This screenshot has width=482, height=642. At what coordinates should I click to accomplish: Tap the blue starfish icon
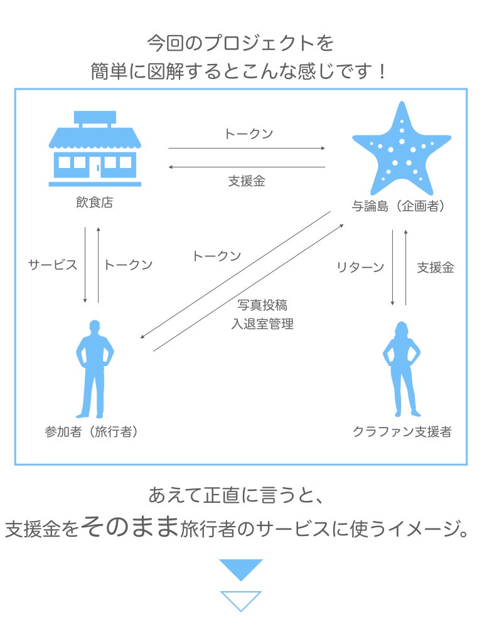pos(401,150)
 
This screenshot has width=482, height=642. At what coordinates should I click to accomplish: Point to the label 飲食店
pos(95,203)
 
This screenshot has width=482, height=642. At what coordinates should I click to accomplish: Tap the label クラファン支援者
pos(402,432)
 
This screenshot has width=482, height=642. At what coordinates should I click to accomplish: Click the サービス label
pos(53,265)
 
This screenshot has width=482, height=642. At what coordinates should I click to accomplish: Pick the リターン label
pos(360,268)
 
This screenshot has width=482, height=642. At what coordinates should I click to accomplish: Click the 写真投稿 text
pos(262,305)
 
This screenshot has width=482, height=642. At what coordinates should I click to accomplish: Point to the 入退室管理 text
pos(262,324)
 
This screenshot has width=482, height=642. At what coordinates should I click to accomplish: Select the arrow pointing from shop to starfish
pos(247,149)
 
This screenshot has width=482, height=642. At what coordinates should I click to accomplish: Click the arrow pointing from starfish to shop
pos(247,167)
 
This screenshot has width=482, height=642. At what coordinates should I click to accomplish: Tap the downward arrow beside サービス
pos(85,265)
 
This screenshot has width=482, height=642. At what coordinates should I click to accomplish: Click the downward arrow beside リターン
pos(393,268)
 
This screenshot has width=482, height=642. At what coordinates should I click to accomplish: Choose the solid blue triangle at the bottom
pos(241,568)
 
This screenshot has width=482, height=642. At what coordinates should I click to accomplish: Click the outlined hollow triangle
pos(241,599)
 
